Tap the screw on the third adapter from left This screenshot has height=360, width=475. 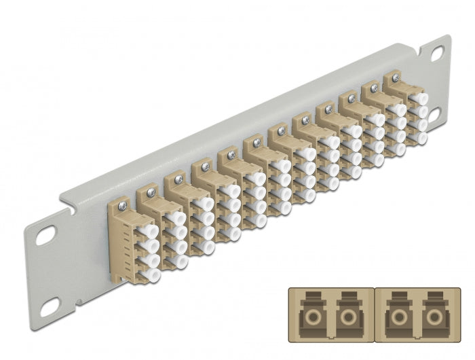tap(178, 179)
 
